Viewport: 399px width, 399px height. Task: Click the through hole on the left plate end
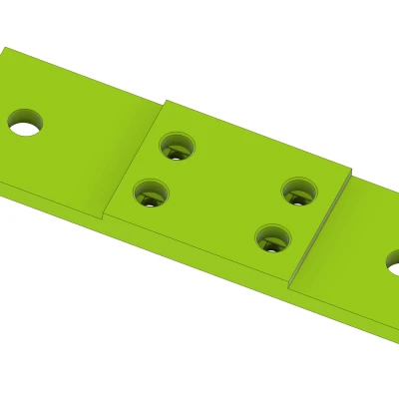[x=25, y=124]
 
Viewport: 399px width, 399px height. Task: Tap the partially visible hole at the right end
[x=392, y=262]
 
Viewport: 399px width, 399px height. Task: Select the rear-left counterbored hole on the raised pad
[x=177, y=147]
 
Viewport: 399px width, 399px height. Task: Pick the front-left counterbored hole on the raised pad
[x=151, y=193]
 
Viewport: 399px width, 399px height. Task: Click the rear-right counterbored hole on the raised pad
[x=298, y=191]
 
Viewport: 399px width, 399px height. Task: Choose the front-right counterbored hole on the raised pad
[x=272, y=238]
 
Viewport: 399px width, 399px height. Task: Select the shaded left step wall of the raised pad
[x=133, y=160]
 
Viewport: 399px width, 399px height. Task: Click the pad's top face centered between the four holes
[x=225, y=192]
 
